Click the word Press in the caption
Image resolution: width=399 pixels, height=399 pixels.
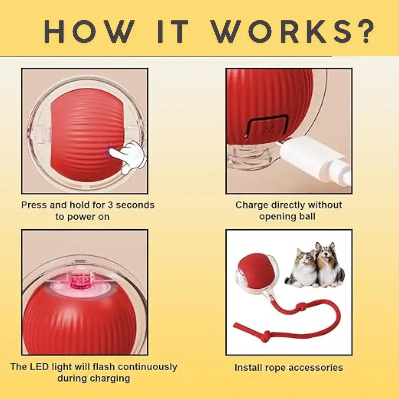(34, 205)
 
